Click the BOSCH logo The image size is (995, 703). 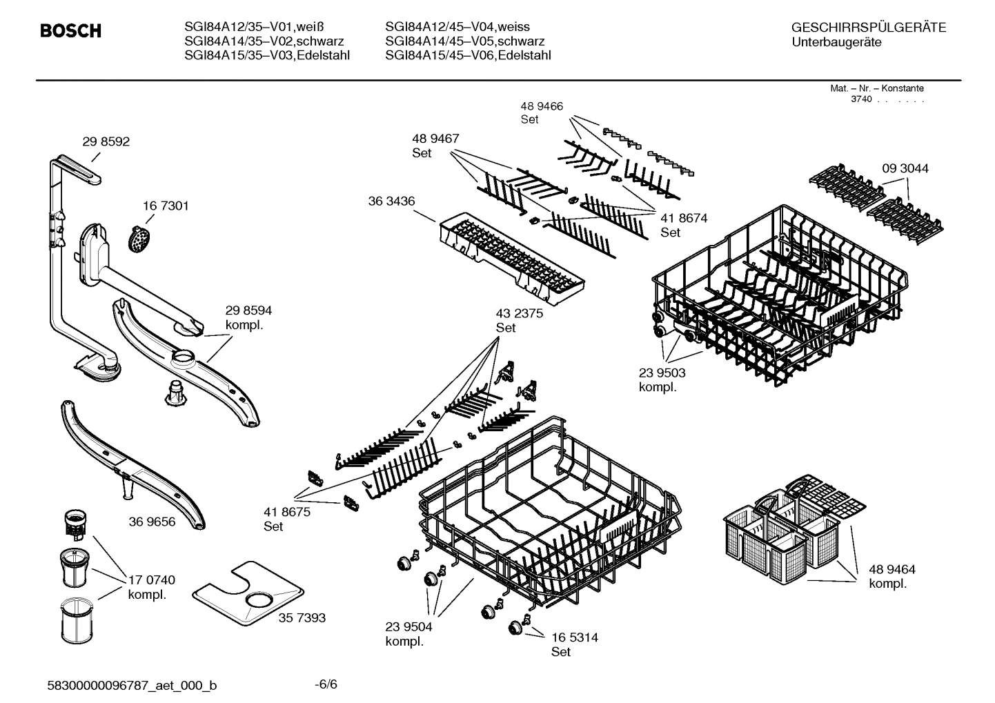click(x=70, y=31)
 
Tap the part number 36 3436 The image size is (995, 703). click(x=391, y=201)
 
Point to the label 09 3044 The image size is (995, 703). click(x=905, y=168)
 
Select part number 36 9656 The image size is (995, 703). click(x=152, y=522)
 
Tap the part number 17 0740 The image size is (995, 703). click(x=151, y=580)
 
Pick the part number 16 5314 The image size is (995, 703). click(x=574, y=637)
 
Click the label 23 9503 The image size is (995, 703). click(x=662, y=373)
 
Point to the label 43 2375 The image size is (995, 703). click(x=519, y=313)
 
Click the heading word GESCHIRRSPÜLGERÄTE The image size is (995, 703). click(x=868, y=28)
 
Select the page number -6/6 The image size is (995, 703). click(x=326, y=684)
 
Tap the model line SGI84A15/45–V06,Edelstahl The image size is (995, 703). click(x=468, y=56)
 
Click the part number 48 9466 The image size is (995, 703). click(x=541, y=106)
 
